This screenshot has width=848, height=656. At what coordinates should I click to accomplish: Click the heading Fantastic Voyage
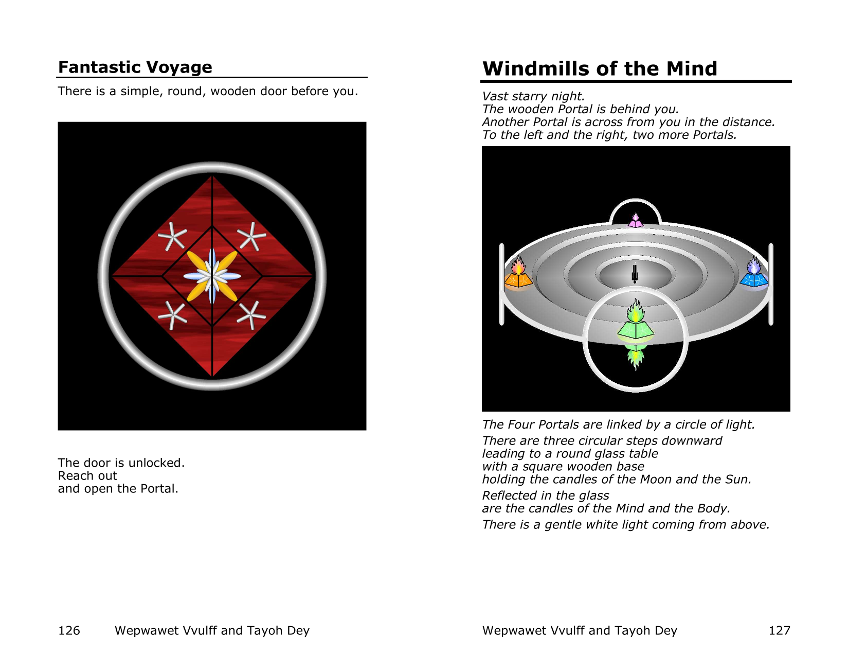point(135,67)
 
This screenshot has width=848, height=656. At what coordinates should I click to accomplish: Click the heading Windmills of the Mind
point(600,68)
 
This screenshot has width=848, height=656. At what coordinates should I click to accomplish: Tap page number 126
point(69,630)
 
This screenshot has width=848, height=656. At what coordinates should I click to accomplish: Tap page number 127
point(779,630)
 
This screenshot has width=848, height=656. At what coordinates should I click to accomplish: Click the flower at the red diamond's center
point(212,276)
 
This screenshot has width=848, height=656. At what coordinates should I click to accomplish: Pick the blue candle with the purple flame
point(754,274)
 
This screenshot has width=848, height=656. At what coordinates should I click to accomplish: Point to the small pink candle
point(635,221)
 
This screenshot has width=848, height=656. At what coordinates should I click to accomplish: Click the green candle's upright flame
point(635,311)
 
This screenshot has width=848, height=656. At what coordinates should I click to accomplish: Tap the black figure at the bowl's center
point(635,274)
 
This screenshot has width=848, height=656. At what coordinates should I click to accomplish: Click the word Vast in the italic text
point(495,96)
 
